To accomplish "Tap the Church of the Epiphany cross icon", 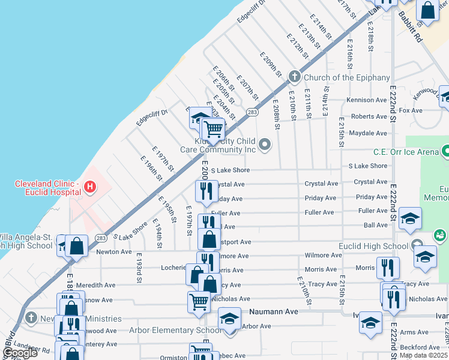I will point(294,77).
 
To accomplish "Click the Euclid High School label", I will point(374,246).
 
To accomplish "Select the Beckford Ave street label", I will point(420,347).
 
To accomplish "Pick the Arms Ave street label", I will point(414,332).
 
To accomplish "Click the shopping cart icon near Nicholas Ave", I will point(199,301).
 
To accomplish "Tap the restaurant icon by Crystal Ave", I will point(205,191).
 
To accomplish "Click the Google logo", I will point(19,353).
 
